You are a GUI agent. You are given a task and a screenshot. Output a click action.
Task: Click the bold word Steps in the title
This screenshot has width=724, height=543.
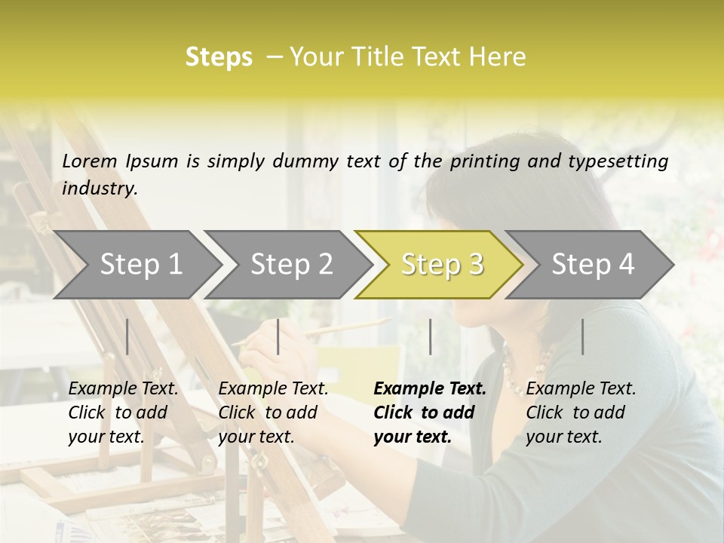click(219, 57)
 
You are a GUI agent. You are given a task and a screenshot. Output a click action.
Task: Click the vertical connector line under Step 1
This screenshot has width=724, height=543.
click(127, 336)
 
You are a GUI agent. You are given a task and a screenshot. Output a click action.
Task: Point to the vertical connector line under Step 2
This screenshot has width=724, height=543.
click(278, 336)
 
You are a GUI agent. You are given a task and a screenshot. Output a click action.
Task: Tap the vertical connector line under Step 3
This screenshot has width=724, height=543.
click(430, 336)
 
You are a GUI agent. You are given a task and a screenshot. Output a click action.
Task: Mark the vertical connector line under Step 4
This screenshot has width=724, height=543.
click(583, 336)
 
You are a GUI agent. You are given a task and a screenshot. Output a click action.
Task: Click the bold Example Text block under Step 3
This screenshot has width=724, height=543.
click(430, 412)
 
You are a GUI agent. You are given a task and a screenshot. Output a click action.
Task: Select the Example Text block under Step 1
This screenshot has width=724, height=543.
click(123, 412)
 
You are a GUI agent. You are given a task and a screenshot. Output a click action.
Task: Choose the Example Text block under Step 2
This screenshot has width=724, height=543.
click(273, 412)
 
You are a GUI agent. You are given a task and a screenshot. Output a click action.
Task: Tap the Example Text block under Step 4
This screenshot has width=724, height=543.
click(581, 412)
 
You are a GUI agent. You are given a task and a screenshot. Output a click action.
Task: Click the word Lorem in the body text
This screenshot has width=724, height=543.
click(90, 161)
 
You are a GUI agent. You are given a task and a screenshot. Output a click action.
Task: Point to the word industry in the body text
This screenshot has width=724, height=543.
click(100, 189)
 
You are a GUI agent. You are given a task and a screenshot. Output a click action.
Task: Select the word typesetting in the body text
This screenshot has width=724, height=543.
click(624, 161)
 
